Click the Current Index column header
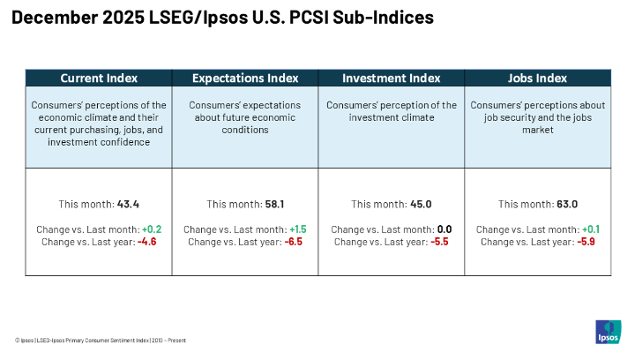[x=98, y=78]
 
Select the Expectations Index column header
[x=244, y=78]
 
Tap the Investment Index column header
[x=391, y=78]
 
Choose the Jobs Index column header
[x=537, y=78]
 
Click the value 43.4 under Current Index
[x=129, y=204]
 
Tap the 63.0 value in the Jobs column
[x=566, y=204]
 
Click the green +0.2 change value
[x=148, y=229]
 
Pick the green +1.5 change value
[x=295, y=229]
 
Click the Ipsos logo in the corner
[x=609, y=333]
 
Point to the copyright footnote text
[x=100, y=340]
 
